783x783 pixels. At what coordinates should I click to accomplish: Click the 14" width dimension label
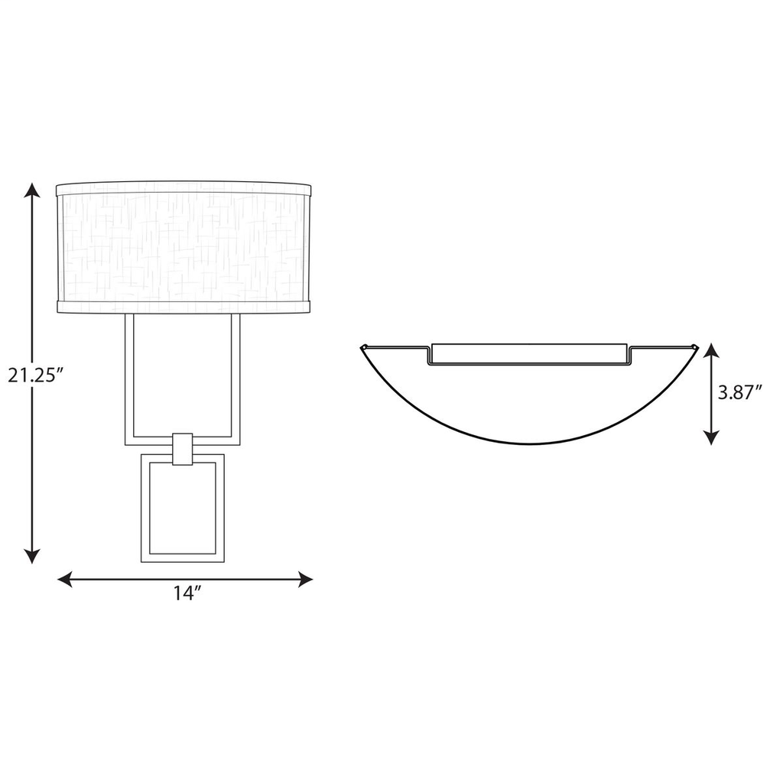point(186,594)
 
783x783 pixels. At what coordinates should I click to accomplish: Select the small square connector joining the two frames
point(183,449)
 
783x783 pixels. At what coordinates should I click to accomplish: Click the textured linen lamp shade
point(184,247)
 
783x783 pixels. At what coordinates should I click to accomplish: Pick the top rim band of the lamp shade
point(184,188)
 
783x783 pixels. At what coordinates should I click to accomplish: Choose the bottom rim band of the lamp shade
point(184,307)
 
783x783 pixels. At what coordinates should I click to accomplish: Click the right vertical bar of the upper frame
point(236,378)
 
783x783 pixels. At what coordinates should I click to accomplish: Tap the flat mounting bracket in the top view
point(528,353)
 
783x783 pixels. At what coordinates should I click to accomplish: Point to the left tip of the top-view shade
point(362,349)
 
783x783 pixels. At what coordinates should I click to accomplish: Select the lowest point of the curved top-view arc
point(529,443)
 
